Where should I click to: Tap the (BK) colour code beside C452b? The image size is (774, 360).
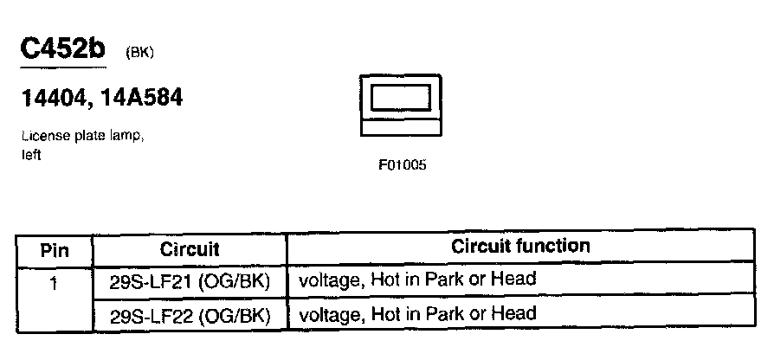pyautogui.click(x=139, y=53)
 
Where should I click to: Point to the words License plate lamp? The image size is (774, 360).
pyautogui.click(x=76, y=138)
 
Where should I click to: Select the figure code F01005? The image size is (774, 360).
pyautogui.click(x=402, y=165)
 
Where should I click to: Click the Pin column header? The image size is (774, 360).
pyautogui.click(x=54, y=250)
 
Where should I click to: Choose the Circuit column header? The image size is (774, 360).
pyautogui.click(x=190, y=250)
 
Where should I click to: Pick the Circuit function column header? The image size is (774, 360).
pyautogui.click(x=520, y=247)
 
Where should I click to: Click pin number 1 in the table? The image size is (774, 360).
pyautogui.click(x=54, y=281)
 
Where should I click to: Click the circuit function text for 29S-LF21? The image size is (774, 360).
pyautogui.click(x=417, y=279)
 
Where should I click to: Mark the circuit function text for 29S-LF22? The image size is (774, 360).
pyautogui.click(x=417, y=313)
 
